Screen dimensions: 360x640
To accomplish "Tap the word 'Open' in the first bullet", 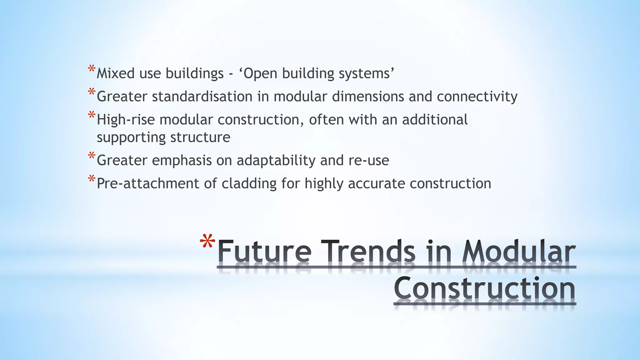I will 260,73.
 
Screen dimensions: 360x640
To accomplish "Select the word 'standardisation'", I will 202,97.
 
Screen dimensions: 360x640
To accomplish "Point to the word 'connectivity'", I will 477,97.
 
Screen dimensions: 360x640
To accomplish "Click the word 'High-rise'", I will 126,120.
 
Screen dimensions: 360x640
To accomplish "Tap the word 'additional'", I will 435,120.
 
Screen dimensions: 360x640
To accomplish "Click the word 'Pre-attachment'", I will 148,183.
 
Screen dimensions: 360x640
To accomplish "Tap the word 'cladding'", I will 249,184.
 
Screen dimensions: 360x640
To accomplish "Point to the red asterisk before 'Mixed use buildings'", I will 92,69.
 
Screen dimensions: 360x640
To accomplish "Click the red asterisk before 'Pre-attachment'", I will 92,179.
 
